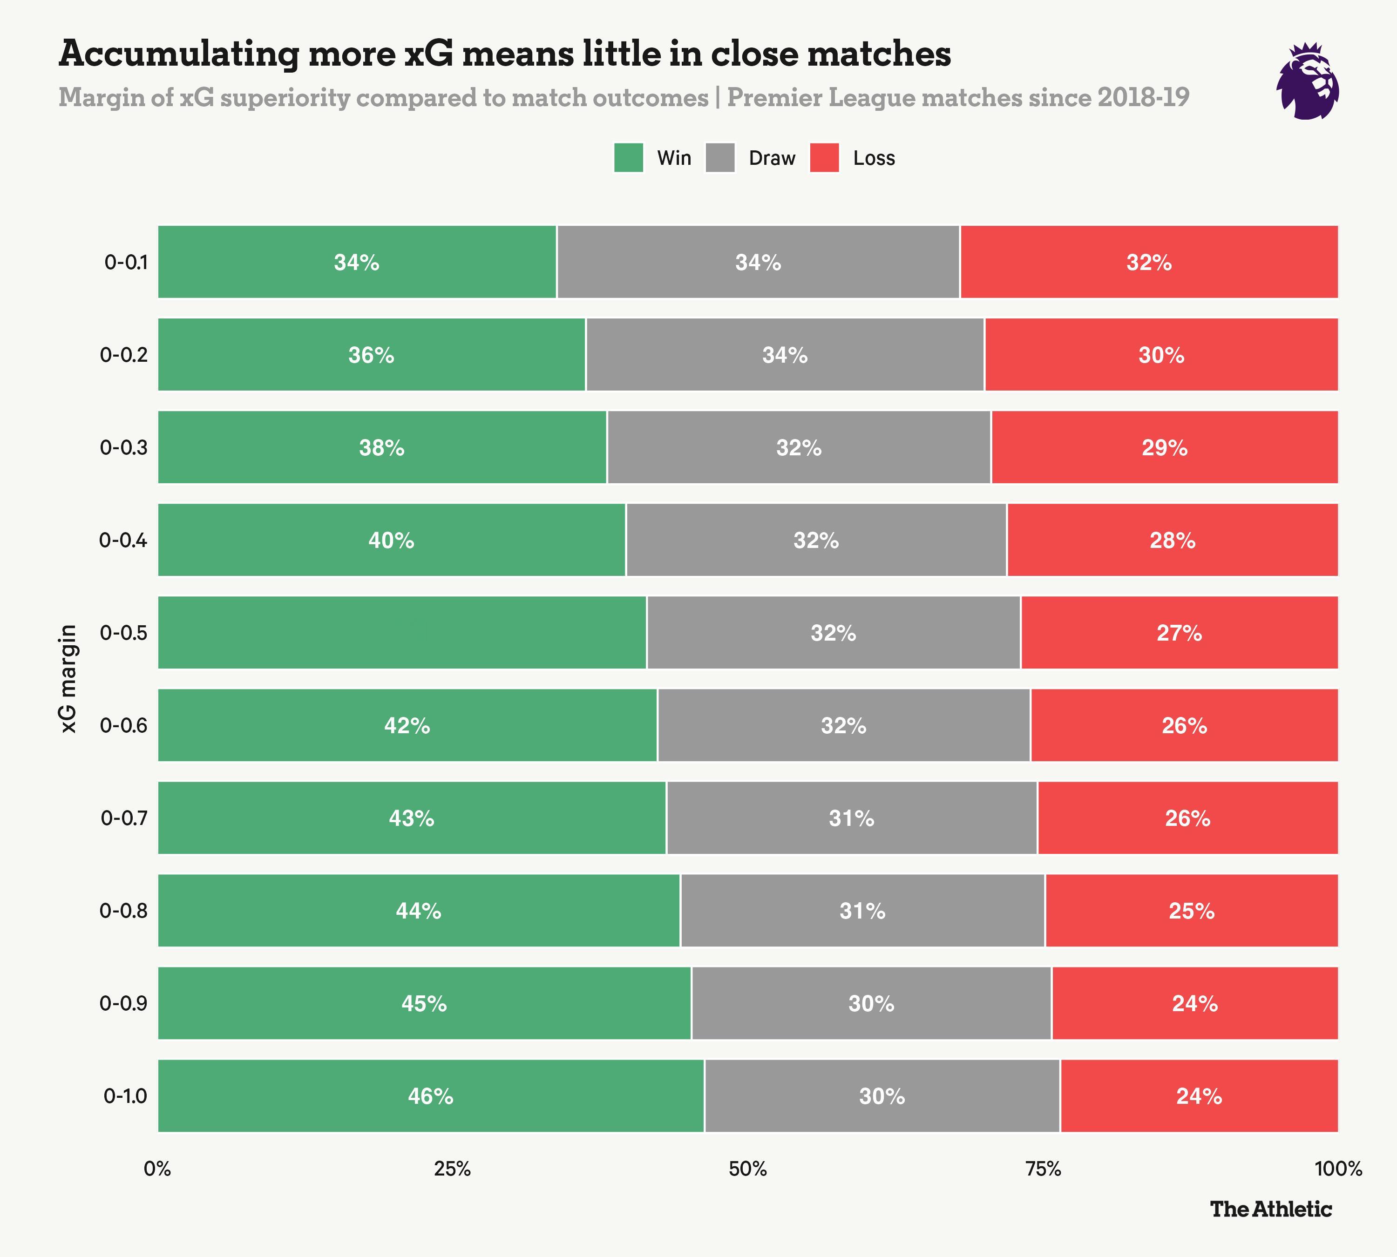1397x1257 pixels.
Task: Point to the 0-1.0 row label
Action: (x=125, y=1096)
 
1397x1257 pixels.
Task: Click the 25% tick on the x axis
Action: (x=453, y=1169)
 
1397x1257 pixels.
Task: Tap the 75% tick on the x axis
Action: (x=1043, y=1169)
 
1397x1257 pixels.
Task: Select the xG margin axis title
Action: (x=68, y=678)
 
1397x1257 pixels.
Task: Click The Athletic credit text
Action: (x=1270, y=1210)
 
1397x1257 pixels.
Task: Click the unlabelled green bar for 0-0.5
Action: (x=402, y=633)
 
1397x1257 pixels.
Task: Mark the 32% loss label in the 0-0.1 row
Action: (x=1149, y=263)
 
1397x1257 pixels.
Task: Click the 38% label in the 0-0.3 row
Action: (x=381, y=447)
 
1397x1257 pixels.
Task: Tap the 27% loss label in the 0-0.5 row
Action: (x=1180, y=633)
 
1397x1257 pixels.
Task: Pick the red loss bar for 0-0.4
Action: (x=1173, y=540)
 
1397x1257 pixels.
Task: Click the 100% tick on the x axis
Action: (x=1338, y=1169)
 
